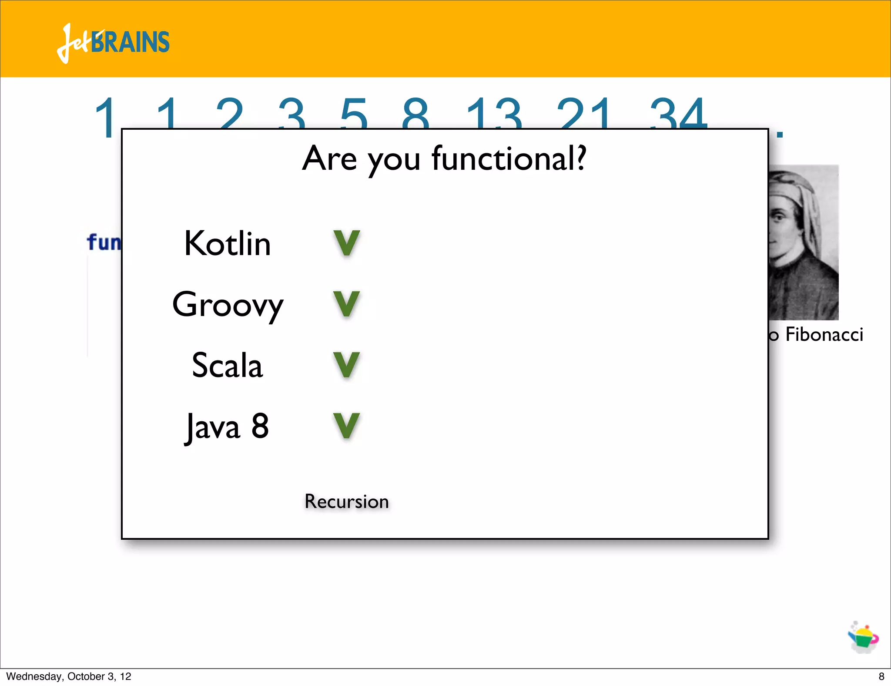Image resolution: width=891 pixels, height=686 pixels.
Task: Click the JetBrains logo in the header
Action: click(113, 43)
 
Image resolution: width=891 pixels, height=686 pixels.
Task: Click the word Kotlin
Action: click(227, 244)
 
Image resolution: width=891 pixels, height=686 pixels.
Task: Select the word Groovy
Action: click(228, 305)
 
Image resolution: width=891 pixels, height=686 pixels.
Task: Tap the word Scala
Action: click(227, 366)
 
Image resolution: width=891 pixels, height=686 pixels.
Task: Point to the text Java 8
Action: click(227, 427)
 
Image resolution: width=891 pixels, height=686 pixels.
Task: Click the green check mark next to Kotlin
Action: click(347, 243)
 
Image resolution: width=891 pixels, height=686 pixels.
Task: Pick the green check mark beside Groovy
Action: click(347, 304)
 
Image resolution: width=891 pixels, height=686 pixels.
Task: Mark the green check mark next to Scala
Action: click(347, 365)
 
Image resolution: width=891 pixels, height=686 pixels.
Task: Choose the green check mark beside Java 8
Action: click(347, 426)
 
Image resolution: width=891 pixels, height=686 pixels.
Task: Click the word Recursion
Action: click(346, 501)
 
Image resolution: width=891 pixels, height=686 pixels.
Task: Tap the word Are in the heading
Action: click(330, 159)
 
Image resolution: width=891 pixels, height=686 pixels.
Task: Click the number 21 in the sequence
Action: click(584, 114)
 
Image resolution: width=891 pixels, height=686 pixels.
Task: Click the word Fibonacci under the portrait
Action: click(824, 334)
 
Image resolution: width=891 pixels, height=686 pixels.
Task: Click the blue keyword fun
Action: click(104, 242)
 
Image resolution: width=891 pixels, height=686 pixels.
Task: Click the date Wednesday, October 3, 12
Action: click(69, 676)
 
